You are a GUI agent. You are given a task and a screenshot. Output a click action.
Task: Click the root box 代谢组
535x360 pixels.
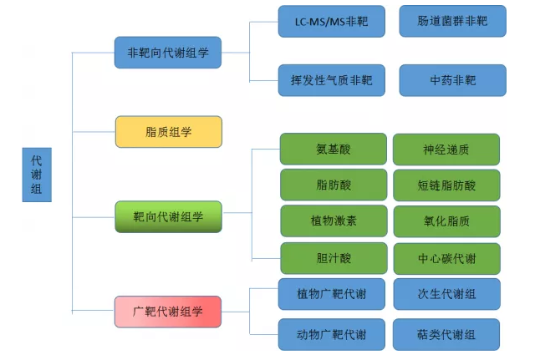pos(37,175)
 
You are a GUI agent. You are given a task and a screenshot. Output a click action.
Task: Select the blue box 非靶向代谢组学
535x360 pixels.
pos(168,53)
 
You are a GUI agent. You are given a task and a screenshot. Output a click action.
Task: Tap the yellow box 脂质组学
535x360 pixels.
pos(168,132)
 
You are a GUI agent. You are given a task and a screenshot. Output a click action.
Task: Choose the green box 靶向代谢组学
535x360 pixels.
pos(168,216)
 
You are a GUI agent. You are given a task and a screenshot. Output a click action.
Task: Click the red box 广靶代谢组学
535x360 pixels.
pos(168,312)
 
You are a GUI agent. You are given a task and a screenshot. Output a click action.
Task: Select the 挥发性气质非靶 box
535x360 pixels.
pos(332,80)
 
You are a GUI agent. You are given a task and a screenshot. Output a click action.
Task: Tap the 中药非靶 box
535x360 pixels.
pos(452,80)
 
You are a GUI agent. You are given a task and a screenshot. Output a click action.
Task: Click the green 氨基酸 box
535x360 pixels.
pos(333,150)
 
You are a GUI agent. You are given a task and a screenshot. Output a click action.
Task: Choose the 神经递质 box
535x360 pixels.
pos(446,150)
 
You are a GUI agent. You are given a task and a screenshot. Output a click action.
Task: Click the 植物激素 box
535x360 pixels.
pos(333,221)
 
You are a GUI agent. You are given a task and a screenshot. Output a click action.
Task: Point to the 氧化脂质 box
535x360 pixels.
pos(446,221)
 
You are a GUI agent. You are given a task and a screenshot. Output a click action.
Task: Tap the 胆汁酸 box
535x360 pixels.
pos(333,258)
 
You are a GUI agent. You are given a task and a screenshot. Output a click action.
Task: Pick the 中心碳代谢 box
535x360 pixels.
pos(446,258)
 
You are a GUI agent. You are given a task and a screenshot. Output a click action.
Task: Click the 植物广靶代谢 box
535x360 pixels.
pos(331,294)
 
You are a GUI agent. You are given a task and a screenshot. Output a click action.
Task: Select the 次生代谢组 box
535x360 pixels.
pos(446,294)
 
